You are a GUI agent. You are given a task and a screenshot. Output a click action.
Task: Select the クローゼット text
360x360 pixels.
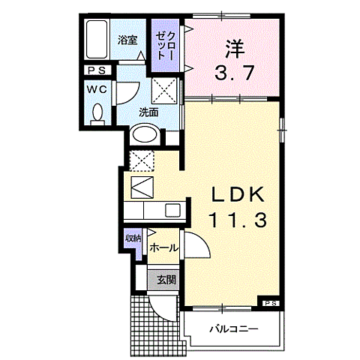[166, 44]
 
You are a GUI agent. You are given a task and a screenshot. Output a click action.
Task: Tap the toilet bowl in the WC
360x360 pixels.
[97, 114]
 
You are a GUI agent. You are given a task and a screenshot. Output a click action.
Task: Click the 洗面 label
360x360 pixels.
[148, 112]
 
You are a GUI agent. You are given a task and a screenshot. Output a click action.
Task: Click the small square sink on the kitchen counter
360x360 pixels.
[172, 211]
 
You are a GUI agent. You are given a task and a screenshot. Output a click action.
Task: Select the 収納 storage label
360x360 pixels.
[133, 240]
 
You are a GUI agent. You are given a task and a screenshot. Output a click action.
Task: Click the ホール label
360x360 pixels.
[163, 247]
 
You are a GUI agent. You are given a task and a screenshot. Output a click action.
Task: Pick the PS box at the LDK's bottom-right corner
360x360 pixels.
[271, 302]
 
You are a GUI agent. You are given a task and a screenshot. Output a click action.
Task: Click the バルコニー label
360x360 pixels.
[232, 328]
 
